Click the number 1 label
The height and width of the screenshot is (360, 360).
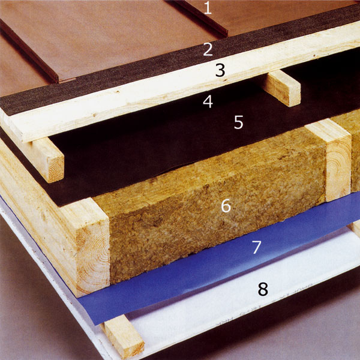coord(208,8)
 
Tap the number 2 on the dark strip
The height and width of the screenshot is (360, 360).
coord(208,49)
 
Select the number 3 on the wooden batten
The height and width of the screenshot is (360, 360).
coord(220,70)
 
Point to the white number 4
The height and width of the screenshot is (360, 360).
coord(208,102)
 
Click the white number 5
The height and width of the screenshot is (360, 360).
coord(239,122)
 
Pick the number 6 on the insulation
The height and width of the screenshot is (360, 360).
coord(226,206)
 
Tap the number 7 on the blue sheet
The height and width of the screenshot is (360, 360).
coord(257,247)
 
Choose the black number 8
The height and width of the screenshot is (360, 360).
coord(263,289)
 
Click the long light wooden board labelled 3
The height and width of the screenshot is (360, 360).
coord(179,85)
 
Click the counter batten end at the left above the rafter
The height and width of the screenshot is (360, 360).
coord(48,160)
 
